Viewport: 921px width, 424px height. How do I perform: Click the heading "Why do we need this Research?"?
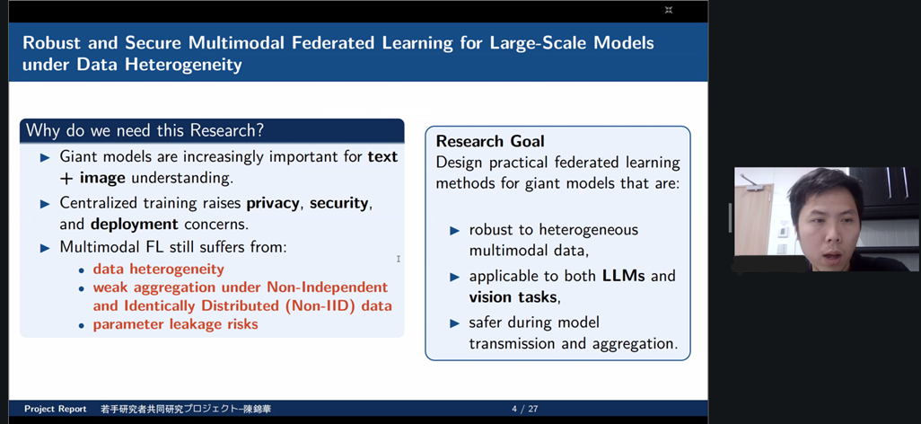tap(145, 130)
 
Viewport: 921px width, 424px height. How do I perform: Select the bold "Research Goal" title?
tap(490, 141)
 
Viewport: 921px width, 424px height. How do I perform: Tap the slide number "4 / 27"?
tap(524, 409)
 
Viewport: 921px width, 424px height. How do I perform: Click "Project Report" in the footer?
tap(56, 409)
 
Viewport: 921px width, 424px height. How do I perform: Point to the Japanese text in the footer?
tap(186, 409)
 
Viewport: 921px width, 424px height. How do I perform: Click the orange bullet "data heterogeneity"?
tap(159, 269)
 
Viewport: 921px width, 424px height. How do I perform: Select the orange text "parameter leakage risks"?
tap(175, 324)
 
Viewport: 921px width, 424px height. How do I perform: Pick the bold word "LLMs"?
tap(624, 275)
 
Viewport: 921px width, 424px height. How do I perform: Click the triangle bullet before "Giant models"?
tap(45, 157)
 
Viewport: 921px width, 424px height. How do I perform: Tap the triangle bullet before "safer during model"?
tap(454, 322)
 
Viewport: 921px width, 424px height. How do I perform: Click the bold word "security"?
tap(340, 204)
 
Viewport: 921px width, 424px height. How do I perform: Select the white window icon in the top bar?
tap(669, 10)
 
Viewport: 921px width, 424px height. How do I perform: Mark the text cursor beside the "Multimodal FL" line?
tap(399, 259)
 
